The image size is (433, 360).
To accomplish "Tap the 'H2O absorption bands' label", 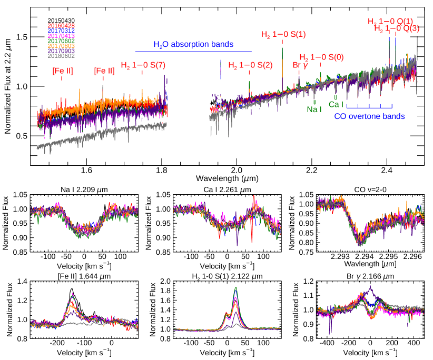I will (193, 45).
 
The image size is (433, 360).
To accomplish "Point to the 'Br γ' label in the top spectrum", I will (300, 65).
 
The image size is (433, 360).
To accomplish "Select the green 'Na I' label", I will (314, 109).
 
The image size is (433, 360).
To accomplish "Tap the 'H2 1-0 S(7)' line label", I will (143, 66).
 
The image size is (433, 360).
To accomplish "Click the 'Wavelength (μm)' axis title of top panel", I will (231, 172).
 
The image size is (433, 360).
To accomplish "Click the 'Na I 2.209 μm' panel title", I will (84, 189).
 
